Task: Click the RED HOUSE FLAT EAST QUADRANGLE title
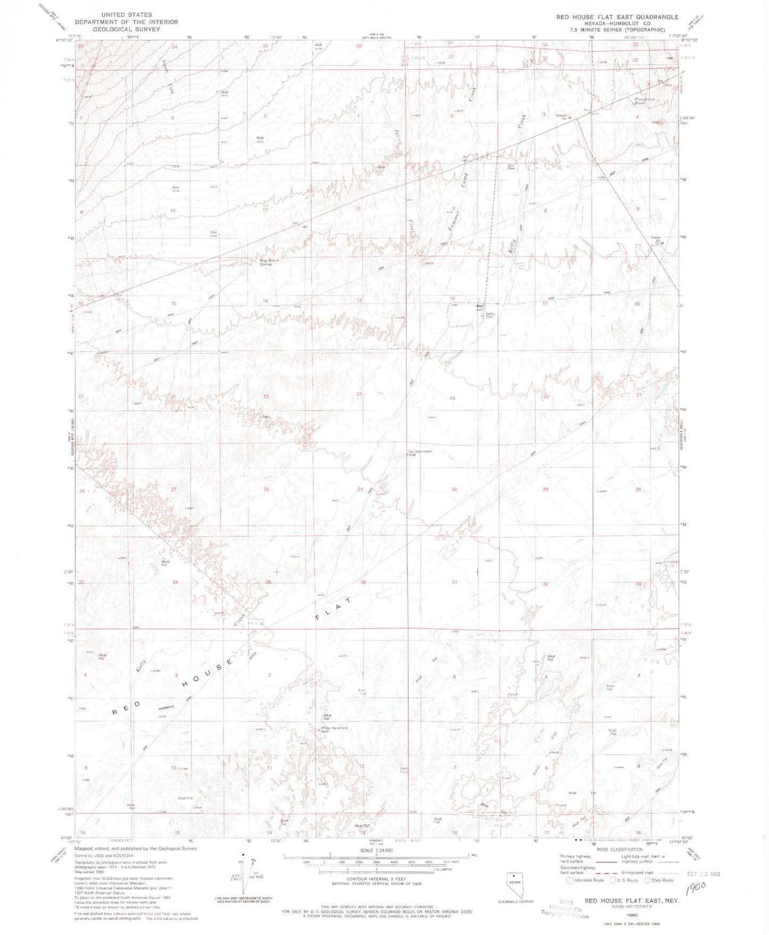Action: point(617,17)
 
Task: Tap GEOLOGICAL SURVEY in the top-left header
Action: point(126,29)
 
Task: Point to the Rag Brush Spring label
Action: point(269,262)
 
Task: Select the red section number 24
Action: point(359,394)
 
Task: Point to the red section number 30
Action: point(454,489)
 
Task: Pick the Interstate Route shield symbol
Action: point(570,880)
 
